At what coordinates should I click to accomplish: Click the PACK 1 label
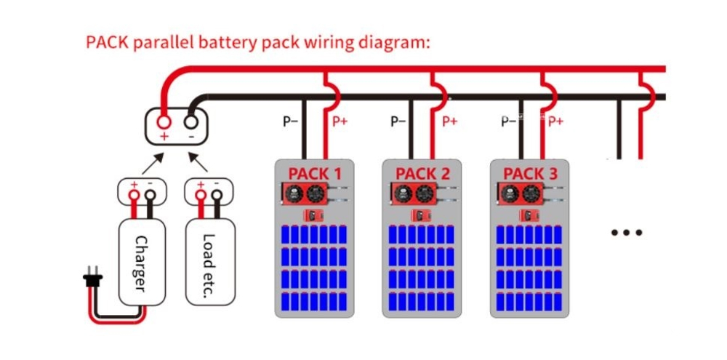pyautogui.click(x=315, y=174)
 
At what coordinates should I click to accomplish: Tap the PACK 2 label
pyautogui.click(x=422, y=174)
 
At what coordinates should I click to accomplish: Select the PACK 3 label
pyautogui.click(x=530, y=174)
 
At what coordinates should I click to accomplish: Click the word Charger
pyautogui.click(x=142, y=263)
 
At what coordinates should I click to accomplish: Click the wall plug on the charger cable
pyautogui.click(x=92, y=279)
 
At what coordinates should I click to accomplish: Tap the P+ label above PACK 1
pyautogui.click(x=340, y=121)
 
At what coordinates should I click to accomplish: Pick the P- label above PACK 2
pyautogui.click(x=398, y=121)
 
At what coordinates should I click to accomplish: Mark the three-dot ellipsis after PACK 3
pyautogui.click(x=627, y=233)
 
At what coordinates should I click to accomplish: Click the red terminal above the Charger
pyautogui.click(x=134, y=194)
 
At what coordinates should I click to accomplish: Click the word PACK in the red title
pyautogui.click(x=107, y=41)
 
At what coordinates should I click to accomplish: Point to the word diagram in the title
pyautogui.click(x=390, y=41)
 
